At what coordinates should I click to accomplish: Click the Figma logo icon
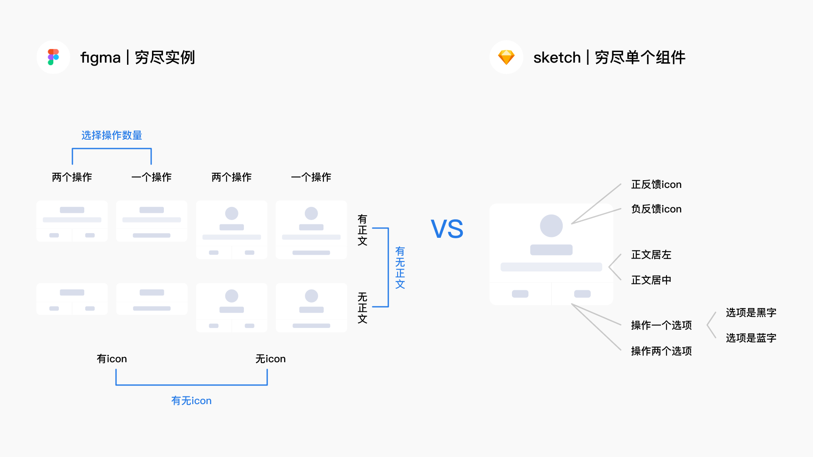pyautogui.click(x=53, y=57)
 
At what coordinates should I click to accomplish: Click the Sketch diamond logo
pyautogui.click(x=506, y=57)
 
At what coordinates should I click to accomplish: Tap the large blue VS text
pyautogui.click(x=447, y=229)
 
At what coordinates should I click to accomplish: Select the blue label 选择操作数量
pyautogui.click(x=112, y=135)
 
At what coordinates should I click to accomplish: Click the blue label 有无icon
pyautogui.click(x=191, y=401)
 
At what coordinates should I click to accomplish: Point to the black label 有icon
pyautogui.click(x=112, y=359)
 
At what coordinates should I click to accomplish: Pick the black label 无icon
pyautogui.click(x=271, y=359)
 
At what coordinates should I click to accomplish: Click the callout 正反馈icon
pyautogui.click(x=656, y=184)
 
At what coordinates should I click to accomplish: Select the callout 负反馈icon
pyautogui.click(x=656, y=209)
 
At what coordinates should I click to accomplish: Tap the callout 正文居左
pyautogui.click(x=651, y=255)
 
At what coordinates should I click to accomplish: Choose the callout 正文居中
pyautogui.click(x=651, y=280)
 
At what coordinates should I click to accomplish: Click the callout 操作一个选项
pyautogui.click(x=661, y=325)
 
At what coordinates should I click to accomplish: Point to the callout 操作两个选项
pyautogui.click(x=661, y=351)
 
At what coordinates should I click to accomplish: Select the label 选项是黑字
pyautogui.click(x=751, y=313)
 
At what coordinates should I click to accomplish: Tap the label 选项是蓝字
pyautogui.click(x=751, y=338)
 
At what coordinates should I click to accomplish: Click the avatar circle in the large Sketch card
pyautogui.click(x=551, y=226)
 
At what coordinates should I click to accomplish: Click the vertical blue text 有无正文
pyautogui.click(x=400, y=268)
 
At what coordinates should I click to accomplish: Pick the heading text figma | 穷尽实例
pyautogui.click(x=138, y=57)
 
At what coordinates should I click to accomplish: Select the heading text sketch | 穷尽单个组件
pyautogui.click(x=609, y=57)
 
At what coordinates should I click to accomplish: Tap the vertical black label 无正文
pyautogui.click(x=362, y=308)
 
